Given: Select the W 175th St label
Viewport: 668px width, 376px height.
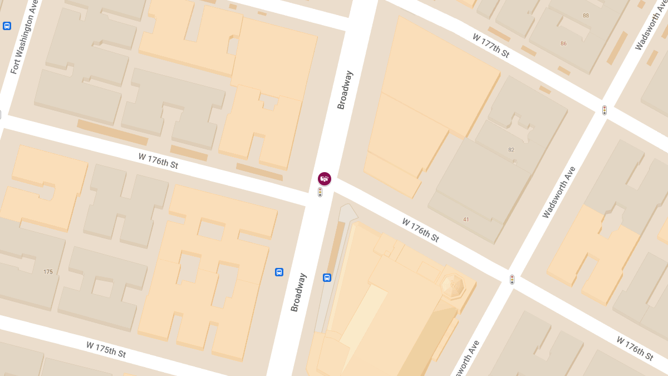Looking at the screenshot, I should [x=106, y=349].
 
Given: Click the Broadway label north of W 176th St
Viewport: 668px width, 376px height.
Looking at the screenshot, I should [x=345, y=90].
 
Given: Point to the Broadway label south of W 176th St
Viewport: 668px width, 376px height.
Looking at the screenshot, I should [x=298, y=292].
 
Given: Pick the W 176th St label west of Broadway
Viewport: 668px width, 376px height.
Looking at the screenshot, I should [x=158, y=161].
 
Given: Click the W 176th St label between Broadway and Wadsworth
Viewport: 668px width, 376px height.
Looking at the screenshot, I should [x=420, y=230].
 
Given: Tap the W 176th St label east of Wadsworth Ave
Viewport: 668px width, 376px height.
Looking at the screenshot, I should [x=634, y=348].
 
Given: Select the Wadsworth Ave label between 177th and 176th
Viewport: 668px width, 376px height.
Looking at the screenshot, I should [x=558, y=192].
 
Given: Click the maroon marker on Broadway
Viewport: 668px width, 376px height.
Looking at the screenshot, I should [x=325, y=178].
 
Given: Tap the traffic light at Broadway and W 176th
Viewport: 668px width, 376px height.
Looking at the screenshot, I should [x=320, y=192].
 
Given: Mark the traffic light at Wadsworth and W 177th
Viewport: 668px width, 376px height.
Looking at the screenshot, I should [x=605, y=110].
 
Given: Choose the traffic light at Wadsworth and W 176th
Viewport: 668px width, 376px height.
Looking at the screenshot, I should [x=512, y=279].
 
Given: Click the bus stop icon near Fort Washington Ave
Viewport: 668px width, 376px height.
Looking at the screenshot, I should [x=7, y=26].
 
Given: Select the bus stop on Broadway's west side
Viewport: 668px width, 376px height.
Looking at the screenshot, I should [x=279, y=272].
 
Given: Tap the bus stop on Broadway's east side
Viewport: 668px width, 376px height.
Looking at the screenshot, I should [x=327, y=277].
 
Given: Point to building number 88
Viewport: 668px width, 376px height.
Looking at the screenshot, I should [x=586, y=15].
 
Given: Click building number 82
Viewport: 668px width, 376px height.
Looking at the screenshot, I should [x=511, y=150].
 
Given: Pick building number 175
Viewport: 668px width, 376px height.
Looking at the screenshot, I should [x=48, y=272].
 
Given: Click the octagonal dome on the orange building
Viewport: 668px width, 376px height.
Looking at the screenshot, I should [x=452, y=286].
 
